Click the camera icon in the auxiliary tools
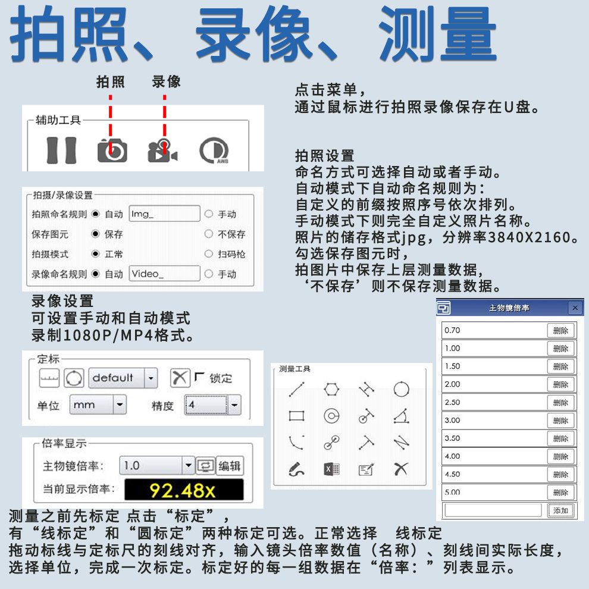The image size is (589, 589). [x=112, y=151]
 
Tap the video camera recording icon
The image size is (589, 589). [x=162, y=151]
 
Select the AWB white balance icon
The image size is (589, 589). [x=214, y=151]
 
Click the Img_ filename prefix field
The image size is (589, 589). [x=165, y=214]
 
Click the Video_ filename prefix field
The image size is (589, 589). [x=165, y=274]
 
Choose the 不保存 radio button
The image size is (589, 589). [x=208, y=234]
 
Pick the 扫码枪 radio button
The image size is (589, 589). [x=208, y=254]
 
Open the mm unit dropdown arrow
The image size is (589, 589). [x=120, y=405]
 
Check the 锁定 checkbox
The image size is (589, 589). [x=199, y=376]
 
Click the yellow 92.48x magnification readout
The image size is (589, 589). [x=184, y=490]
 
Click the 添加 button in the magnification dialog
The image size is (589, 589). [x=561, y=510]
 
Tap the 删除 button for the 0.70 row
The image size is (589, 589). [x=561, y=331]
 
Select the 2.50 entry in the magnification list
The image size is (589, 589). [x=494, y=402]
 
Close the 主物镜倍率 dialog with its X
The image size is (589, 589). [x=575, y=308]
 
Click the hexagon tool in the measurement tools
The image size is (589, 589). [x=331, y=389]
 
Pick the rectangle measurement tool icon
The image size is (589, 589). [x=296, y=416]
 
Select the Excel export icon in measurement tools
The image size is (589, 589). [x=331, y=469]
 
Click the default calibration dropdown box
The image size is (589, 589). [x=123, y=378]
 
